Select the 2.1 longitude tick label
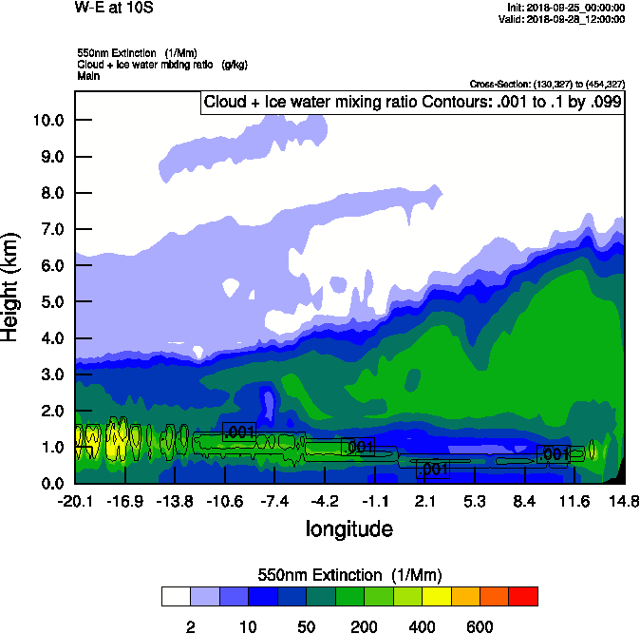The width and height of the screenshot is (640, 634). pyautogui.click(x=424, y=501)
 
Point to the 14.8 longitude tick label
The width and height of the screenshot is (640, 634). pyautogui.click(x=623, y=501)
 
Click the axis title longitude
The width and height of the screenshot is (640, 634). pyautogui.click(x=349, y=528)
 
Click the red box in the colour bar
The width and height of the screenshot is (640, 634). pyautogui.click(x=522, y=596)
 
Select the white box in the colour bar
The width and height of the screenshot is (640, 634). pyautogui.click(x=176, y=596)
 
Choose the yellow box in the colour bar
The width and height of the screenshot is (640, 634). pyautogui.click(x=436, y=596)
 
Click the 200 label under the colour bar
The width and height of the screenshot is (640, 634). pyautogui.click(x=364, y=626)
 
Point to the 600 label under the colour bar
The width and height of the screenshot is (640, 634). pyautogui.click(x=480, y=626)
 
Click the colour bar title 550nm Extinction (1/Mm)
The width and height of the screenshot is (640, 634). pyautogui.click(x=349, y=575)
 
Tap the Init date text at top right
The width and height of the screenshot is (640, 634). pyautogui.click(x=566, y=7)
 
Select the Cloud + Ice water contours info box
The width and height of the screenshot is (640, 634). pyautogui.click(x=412, y=103)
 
